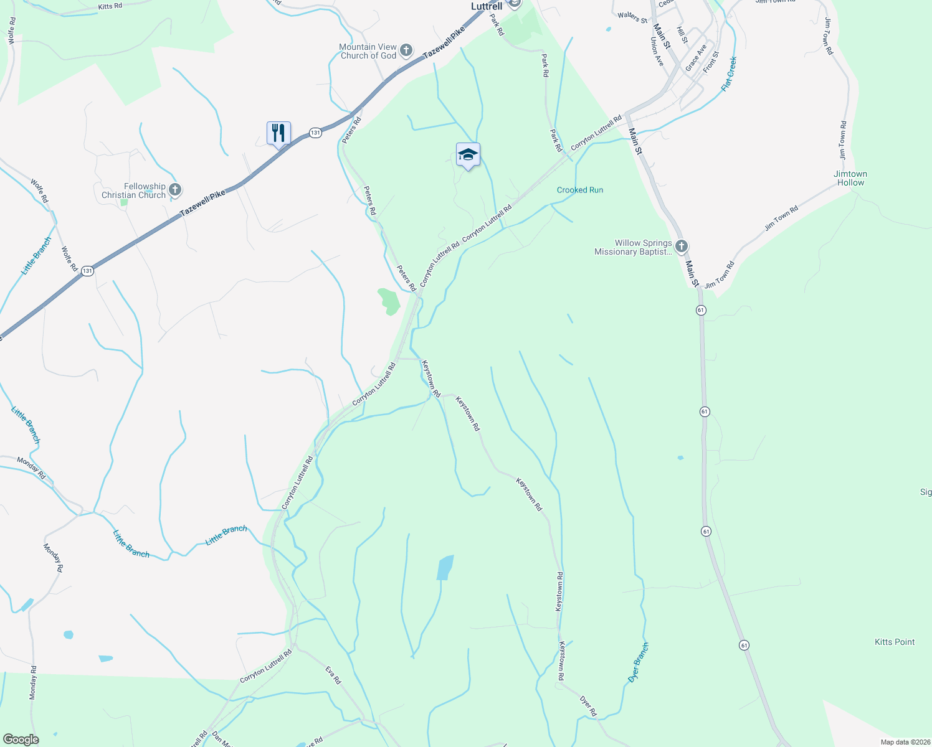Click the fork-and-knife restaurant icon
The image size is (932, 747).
[x=278, y=133]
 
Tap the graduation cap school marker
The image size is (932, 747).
[x=468, y=155]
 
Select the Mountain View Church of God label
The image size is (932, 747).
[x=368, y=51]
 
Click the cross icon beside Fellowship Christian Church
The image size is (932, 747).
[x=175, y=190]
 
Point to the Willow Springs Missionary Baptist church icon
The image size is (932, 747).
[x=682, y=247]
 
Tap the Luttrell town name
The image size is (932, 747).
[x=486, y=6]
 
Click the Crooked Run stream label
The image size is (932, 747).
[x=580, y=190]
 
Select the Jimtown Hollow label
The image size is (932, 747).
[x=850, y=178]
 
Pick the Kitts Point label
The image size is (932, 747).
[x=895, y=642]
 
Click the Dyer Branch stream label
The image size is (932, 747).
[x=638, y=662]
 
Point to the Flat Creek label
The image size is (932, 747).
[x=729, y=74]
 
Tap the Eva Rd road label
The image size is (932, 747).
[x=333, y=675]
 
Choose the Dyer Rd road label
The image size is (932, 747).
[x=588, y=706]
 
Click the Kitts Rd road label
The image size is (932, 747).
[x=110, y=7]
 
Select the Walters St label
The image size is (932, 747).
[x=632, y=17]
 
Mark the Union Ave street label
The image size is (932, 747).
[x=657, y=52]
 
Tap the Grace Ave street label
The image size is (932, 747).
[x=696, y=57]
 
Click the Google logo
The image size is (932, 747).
[x=21, y=740]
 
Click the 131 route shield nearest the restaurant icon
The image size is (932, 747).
[x=316, y=133]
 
